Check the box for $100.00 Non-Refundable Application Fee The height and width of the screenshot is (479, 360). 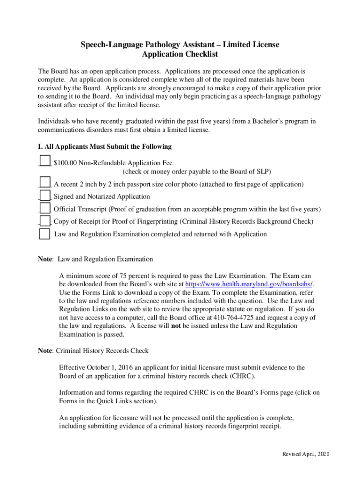45,160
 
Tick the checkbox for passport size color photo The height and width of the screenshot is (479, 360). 45,181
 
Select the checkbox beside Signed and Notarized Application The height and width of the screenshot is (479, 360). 45,195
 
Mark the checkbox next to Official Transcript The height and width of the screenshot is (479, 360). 45,207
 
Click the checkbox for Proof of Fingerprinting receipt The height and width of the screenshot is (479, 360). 45,220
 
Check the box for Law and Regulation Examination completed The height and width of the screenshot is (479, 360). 45,232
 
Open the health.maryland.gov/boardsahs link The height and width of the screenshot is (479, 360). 249,284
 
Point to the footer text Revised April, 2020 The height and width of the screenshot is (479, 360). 305,455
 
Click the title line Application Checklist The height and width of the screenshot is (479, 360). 180,54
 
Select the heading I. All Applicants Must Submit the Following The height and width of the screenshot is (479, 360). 104,146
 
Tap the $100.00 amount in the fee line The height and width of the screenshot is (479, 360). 65,163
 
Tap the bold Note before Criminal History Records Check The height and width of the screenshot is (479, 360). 46,350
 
